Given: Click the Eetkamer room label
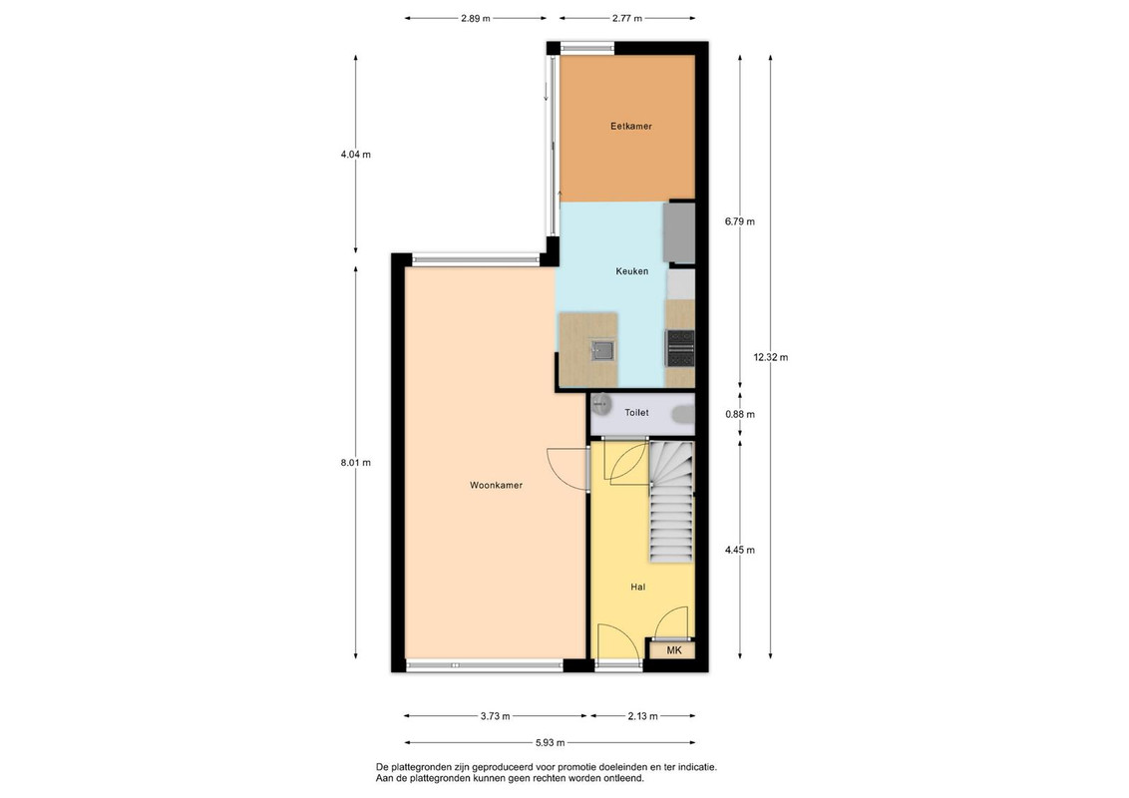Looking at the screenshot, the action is coord(630,126).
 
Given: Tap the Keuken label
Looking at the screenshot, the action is coord(631,271).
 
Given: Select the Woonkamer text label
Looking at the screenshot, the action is coord(496,486).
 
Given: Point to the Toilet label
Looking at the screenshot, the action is coord(636,413).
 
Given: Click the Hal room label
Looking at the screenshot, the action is coord(637,587).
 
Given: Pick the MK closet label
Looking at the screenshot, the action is coord(674,650).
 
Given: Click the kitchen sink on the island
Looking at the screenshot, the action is coord(602,350).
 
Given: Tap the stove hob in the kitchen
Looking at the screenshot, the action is coord(680,348).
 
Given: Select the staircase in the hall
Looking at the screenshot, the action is coord(671,502).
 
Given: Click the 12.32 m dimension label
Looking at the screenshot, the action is coord(770,357).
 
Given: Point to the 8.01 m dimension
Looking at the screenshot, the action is coord(356,463).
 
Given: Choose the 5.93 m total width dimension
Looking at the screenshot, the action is coord(550,742).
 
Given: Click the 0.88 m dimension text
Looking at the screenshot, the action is coord(740,414).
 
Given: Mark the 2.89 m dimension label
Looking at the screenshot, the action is coord(475,19).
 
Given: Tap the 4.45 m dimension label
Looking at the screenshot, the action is coord(740,551).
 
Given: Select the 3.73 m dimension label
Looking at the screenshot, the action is coord(496,716).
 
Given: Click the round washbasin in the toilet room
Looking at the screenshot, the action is coord(601,404).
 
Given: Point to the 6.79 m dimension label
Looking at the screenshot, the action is coord(740,221).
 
